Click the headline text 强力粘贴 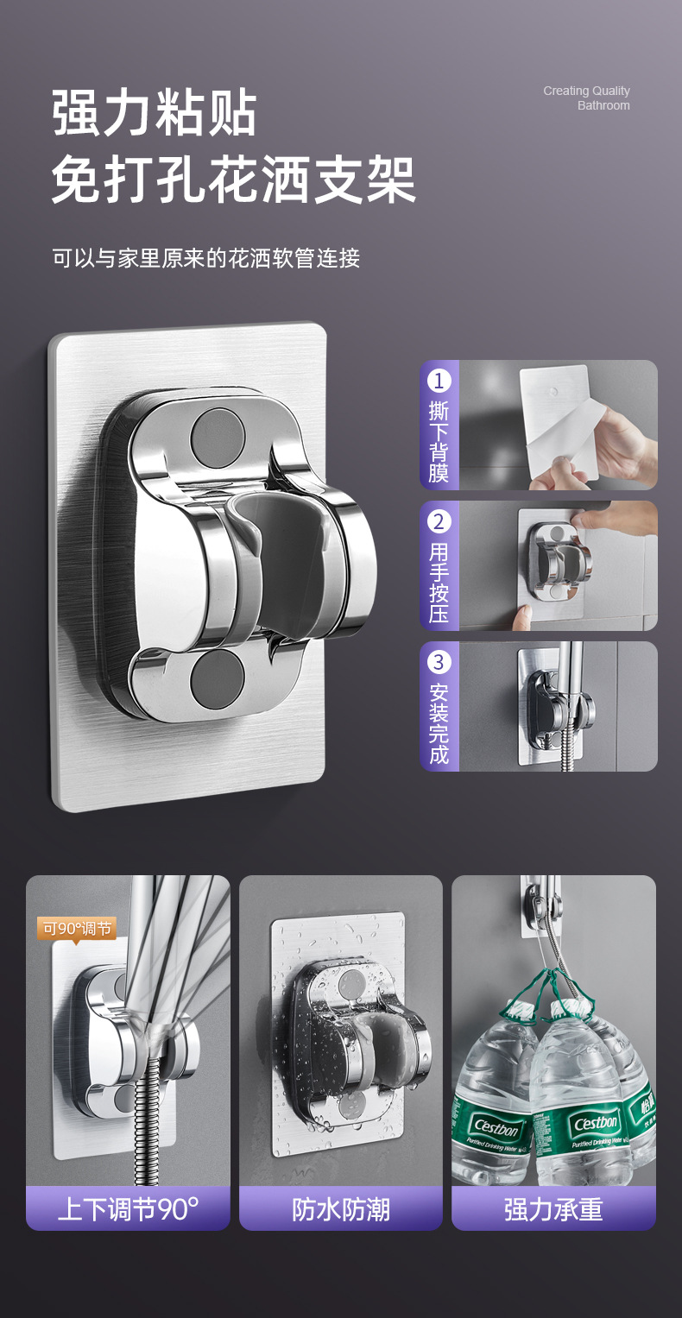[155, 112]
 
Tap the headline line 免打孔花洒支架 [234, 179]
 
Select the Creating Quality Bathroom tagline [586, 98]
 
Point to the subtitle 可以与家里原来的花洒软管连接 [206, 258]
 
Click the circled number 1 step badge [439, 381]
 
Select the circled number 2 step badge [439, 522]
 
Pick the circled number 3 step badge [439, 662]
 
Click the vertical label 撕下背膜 [439, 441]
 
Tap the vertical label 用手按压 [439, 583]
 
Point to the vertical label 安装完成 [439, 723]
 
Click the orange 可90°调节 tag [77, 929]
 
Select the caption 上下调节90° [128, 1209]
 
